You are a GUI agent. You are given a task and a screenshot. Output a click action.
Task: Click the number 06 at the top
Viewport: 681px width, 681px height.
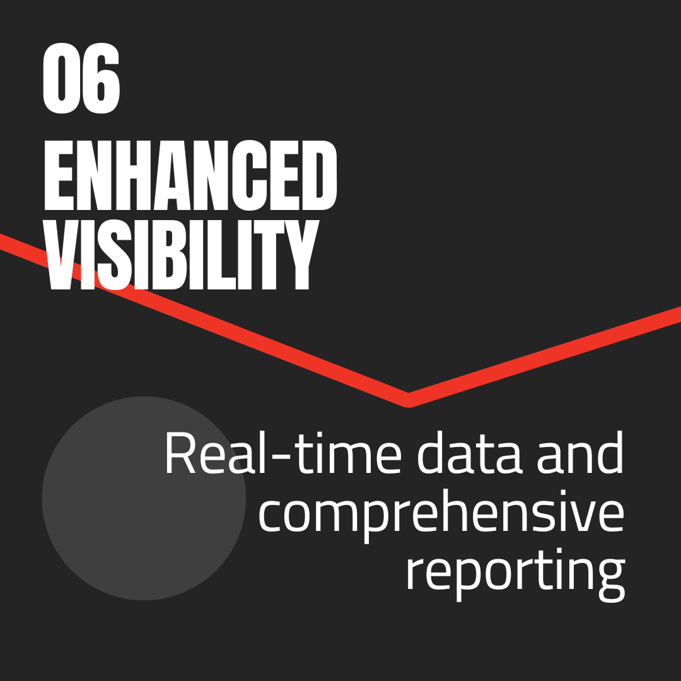coord(81,81)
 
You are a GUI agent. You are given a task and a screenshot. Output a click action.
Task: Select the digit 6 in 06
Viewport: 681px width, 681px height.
coord(101,81)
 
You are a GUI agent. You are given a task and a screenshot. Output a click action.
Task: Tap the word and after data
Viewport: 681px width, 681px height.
coord(580,454)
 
